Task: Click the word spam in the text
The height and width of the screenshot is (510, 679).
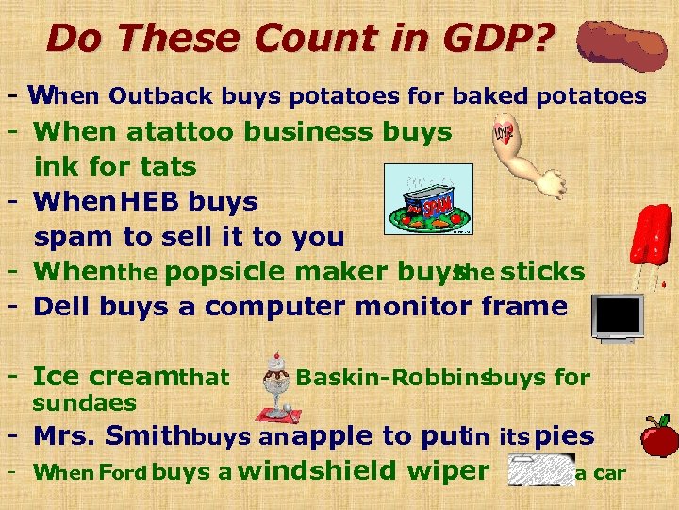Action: (x=69, y=236)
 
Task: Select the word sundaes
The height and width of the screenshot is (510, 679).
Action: (x=85, y=404)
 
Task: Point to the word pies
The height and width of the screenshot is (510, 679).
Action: (x=564, y=436)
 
